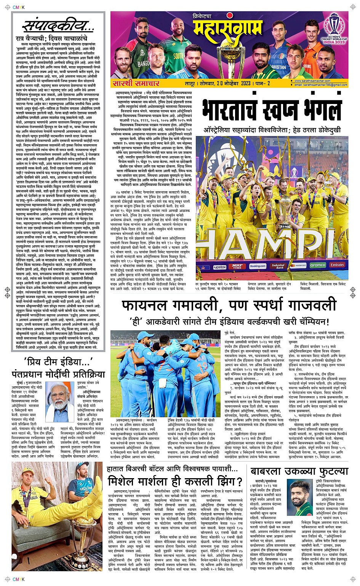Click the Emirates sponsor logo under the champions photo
point(337,265)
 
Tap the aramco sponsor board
point(317,265)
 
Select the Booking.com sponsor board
point(258,266)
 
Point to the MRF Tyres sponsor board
point(237,266)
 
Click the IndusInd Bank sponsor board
point(278,266)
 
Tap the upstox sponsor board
point(219,267)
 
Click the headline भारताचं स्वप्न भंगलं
point(272,110)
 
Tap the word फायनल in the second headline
point(147,306)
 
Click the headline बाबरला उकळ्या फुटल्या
point(299,472)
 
